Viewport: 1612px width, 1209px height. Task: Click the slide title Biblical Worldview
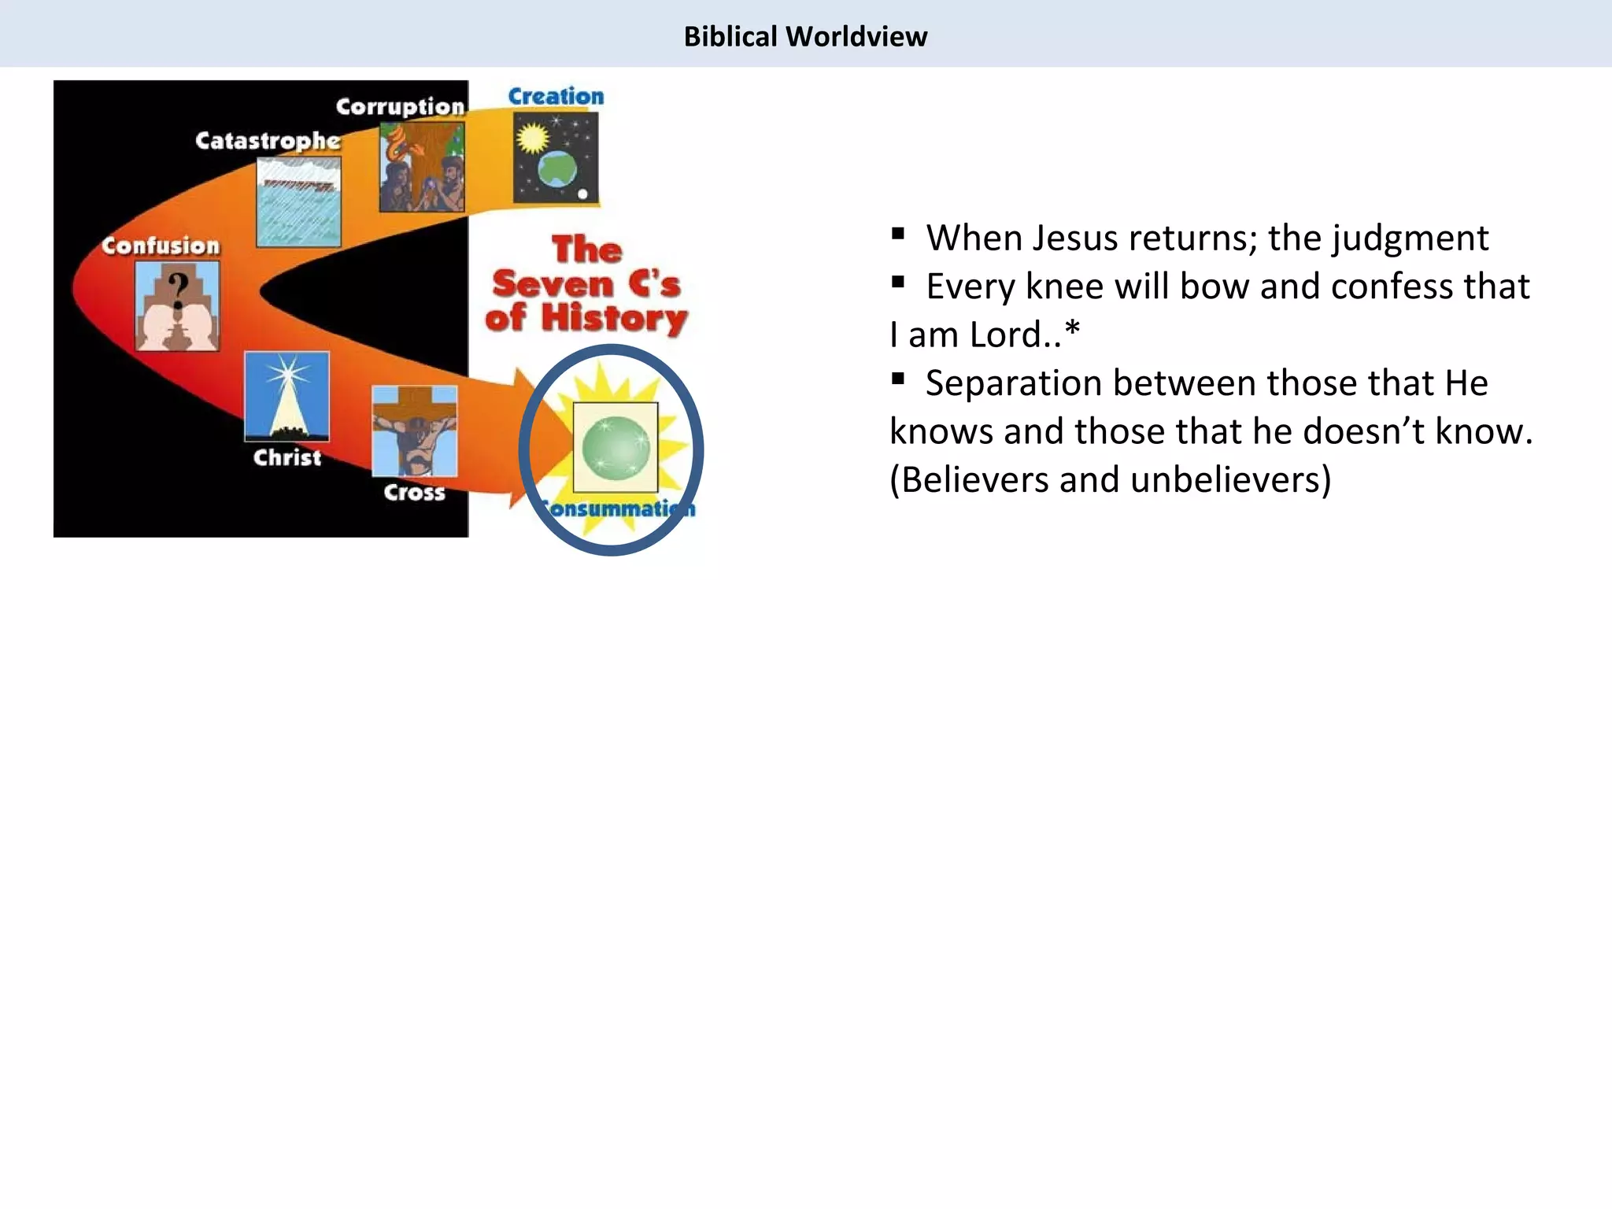[x=805, y=37]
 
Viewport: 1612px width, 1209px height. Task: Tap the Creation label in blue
[x=556, y=96]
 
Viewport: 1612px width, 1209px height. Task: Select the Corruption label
[x=400, y=106]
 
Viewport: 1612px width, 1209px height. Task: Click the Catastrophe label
[x=268, y=141]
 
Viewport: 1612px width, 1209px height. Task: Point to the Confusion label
[x=161, y=246]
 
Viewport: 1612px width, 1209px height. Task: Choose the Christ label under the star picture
[x=287, y=457]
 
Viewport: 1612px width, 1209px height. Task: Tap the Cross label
[x=414, y=493]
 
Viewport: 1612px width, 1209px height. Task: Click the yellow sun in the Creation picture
[x=533, y=139]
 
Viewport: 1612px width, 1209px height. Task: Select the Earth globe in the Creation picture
[x=557, y=169]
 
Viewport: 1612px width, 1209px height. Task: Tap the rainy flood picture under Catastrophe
[x=298, y=201]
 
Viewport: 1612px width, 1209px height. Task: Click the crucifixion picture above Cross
[x=414, y=431]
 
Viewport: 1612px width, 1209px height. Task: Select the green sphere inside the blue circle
[x=616, y=447]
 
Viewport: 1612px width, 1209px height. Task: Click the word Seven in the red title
[x=553, y=284]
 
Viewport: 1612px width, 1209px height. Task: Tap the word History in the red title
[x=614, y=318]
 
